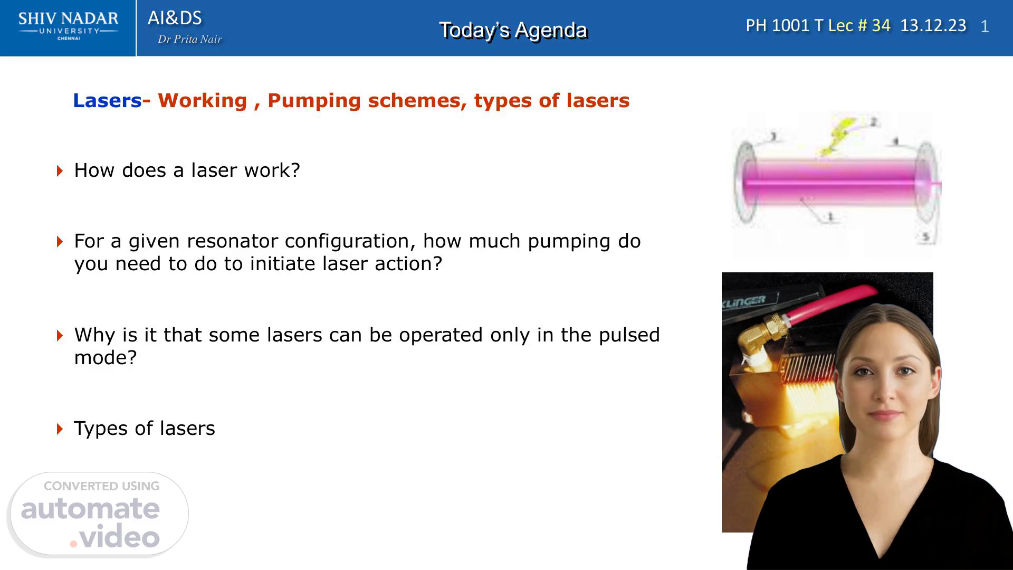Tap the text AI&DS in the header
175,18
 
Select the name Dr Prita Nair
190,39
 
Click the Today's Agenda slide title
513,30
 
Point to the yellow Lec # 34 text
859,25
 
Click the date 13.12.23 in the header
933,25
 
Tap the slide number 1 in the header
985,26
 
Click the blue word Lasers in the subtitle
107,100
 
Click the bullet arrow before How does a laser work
60,170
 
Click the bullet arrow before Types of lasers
60,429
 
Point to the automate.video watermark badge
99,514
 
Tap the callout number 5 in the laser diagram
925,237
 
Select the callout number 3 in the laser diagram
773,137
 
